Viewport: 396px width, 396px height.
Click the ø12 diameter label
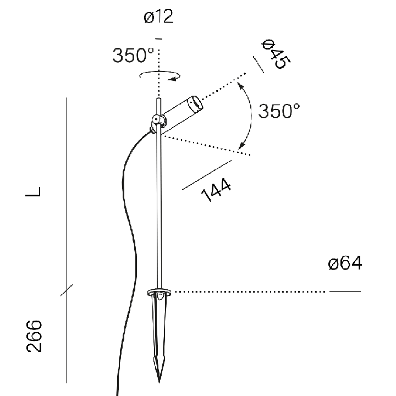tap(158, 16)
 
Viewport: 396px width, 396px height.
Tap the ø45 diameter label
tap(276, 54)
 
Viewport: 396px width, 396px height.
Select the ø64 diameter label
tap(345, 263)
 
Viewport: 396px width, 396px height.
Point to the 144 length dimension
tap(216, 190)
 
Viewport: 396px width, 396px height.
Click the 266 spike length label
tap(34, 336)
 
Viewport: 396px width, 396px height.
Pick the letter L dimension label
tap(33, 191)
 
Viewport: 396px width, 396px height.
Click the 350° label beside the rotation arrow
tap(133, 55)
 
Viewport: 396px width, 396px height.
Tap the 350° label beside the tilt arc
tap(279, 111)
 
